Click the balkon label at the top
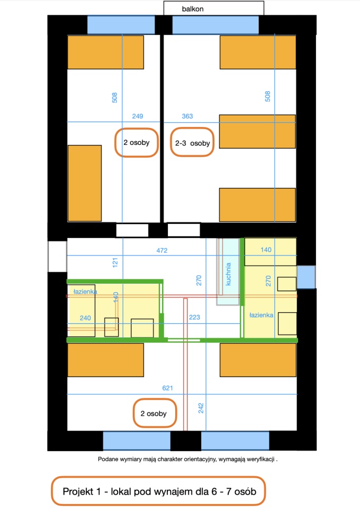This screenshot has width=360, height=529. tap(193, 9)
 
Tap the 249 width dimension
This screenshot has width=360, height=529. tap(138, 116)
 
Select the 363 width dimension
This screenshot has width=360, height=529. tap(187, 116)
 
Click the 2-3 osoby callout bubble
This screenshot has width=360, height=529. tap(192, 142)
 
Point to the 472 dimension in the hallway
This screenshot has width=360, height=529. tap(162, 250)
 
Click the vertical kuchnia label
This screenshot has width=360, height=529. tap(228, 274)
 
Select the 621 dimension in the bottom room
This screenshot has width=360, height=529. tap(167, 388)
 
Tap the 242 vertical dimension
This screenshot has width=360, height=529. tap(201, 408)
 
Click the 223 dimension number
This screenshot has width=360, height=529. tap(194, 317)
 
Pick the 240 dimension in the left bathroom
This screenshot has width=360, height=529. tap(85, 318)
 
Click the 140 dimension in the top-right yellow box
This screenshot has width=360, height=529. tap(266, 250)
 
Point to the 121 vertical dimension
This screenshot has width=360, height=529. tap(115, 262)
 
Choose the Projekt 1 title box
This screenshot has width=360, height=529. tap(158, 491)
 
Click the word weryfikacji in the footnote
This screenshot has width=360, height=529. tap(260, 459)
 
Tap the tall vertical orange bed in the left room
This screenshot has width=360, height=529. tap(85, 183)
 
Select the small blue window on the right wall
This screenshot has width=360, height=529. tap(307, 277)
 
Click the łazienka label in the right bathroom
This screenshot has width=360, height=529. tap(261, 315)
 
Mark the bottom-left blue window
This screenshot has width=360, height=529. tap(137, 440)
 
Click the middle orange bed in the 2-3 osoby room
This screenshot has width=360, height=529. tap(257, 132)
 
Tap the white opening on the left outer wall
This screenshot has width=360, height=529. tap(57, 257)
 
